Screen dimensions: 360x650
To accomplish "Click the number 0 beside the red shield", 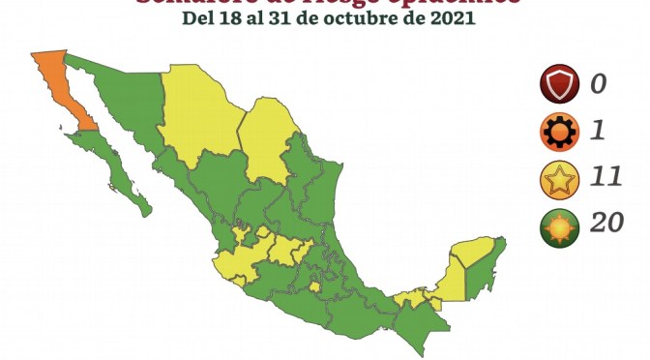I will pos(600,84).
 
